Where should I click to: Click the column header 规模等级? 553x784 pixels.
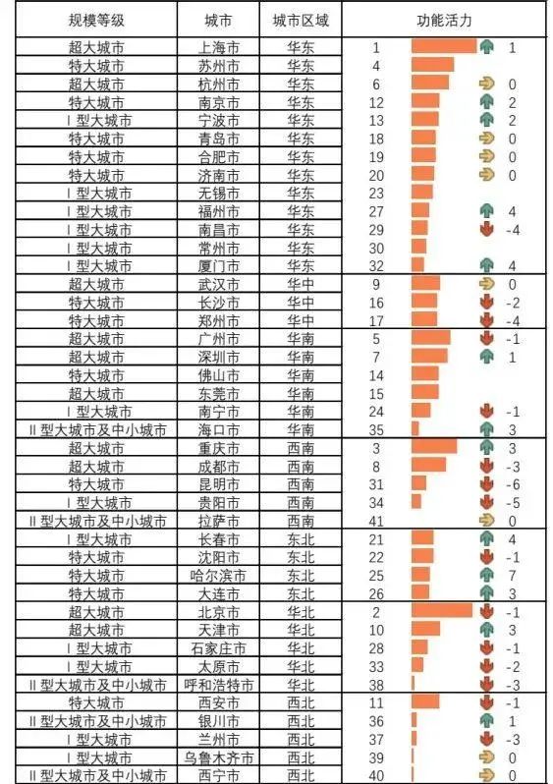pyautogui.click(x=96, y=21)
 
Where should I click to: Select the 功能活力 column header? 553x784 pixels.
pyautogui.click(x=444, y=21)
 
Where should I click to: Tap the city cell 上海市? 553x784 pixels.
pyautogui.click(x=218, y=47)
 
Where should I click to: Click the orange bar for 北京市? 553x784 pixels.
pyautogui.click(x=442, y=610)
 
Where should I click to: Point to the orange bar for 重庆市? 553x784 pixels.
pyautogui.click(x=434, y=446)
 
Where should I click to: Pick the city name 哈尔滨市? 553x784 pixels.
pyautogui.click(x=218, y=576)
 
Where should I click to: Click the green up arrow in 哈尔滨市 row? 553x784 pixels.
pyautogui.click(x=486, y=576)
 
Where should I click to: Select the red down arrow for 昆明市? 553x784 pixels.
pyautogui.click(x=486, y=484)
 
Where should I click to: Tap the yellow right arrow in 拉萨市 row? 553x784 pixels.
pyautogui.click(x=486, y=521)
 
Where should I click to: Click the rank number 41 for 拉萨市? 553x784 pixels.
pyautogui.click(x=376, y=522)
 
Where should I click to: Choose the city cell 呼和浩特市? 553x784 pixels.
pyautogui.click(x=218, y=685)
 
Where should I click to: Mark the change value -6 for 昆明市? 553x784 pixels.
pyautogui.click(x=513, y=485)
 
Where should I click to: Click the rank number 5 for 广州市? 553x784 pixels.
pyautogui.click(x=376, y=340)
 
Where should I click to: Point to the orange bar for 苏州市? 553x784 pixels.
pyautogui.click(x=432, y=65)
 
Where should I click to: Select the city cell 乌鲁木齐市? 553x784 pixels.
pyautogui.click(x=218, y=758)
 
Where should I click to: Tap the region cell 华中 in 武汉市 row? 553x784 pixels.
pyautogui.click(x=301, y=285)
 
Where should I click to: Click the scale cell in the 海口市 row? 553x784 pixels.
pyautogui.click(x=96, y=430)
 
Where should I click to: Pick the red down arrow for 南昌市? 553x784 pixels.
pyautogui.click(x=486, y=230)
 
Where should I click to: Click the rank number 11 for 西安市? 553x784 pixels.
pyautogui.click(x=376, y=703)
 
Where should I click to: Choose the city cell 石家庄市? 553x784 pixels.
pyautogui.click(x=218, y=648)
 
